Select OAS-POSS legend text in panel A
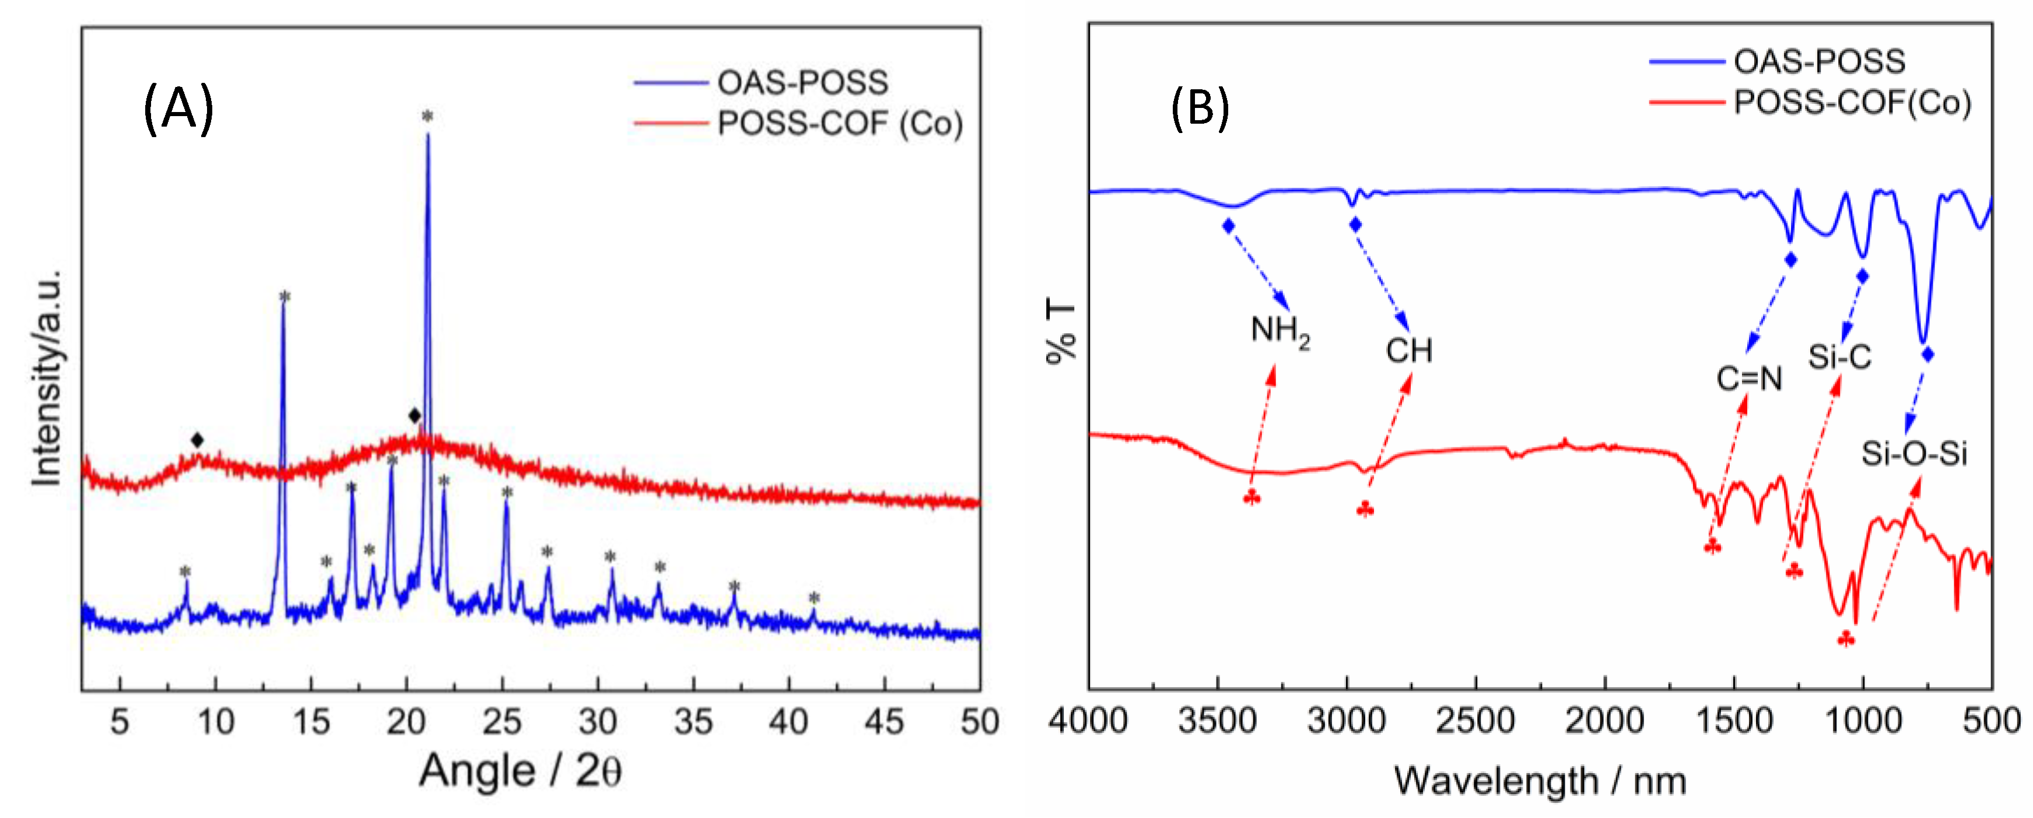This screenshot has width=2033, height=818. pyautogui.click(x=802, y=82)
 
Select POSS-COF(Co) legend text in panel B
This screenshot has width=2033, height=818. pyautogui.click(x=1852, y=103)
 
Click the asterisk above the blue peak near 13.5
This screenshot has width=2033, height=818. pyautogui.click(x=285, y=298)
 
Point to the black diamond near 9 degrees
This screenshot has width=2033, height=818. pyautogui.click(x=197, y=440)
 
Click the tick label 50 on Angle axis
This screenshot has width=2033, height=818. pyautogui.click(x=979, y=721)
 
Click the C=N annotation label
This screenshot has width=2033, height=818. pyautogui.click(x=1749, y=379)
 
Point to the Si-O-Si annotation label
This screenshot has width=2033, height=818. pyautogui.click(x=1914, y=453)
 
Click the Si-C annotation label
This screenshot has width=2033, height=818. pyautogui.click(x=1839, y=357)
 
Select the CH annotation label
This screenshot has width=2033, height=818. pyautogui.click(x=1409, y=351)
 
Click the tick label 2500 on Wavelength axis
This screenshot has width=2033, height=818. pyautogui.click(x=1475, y=721)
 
